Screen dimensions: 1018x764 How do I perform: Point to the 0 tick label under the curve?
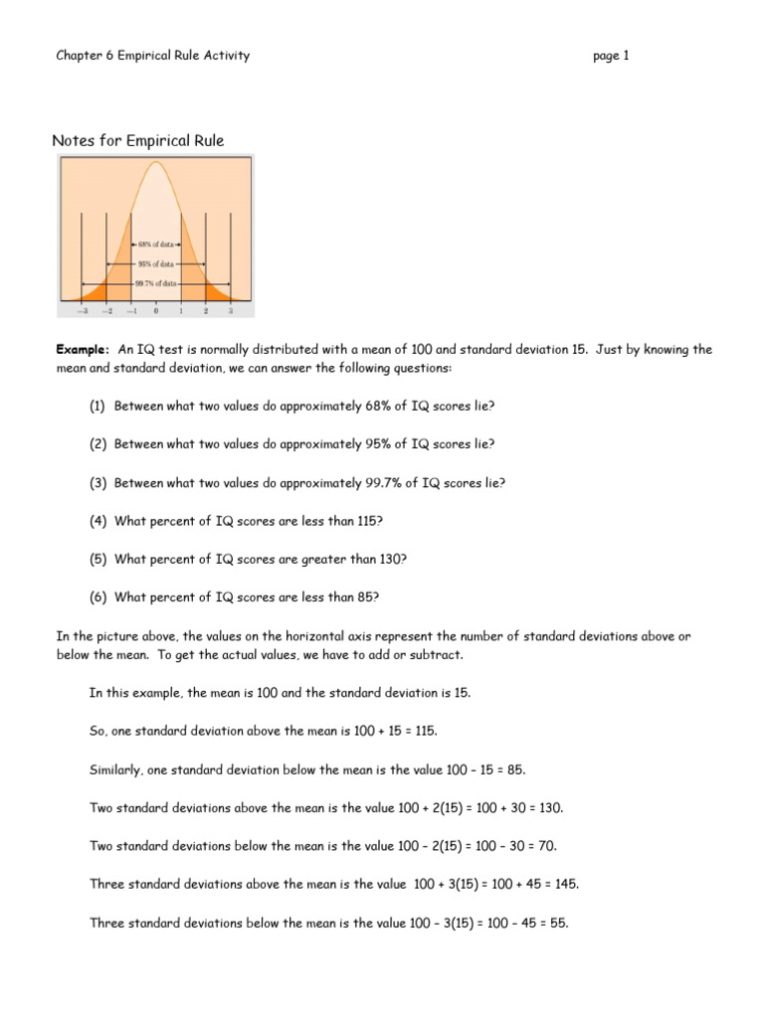[156, 311]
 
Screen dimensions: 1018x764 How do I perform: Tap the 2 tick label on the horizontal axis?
[206, 311]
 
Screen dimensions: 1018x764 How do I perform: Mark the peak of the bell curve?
[155, 161]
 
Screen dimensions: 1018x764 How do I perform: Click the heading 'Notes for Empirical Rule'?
[137, 141]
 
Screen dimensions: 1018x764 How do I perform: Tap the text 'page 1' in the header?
[611, 56]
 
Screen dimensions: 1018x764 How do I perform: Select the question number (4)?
[98, 521]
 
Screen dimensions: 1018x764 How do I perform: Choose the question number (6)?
[98, 596]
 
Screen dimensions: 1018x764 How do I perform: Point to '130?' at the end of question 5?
[391, 559]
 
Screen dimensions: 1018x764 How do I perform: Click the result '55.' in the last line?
[558, 923]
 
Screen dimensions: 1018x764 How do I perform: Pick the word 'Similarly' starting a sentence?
[115, 769]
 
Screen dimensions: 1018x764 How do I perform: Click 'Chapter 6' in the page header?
[85, 56]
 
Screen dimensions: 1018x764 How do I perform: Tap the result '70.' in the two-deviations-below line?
[548, 846]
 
